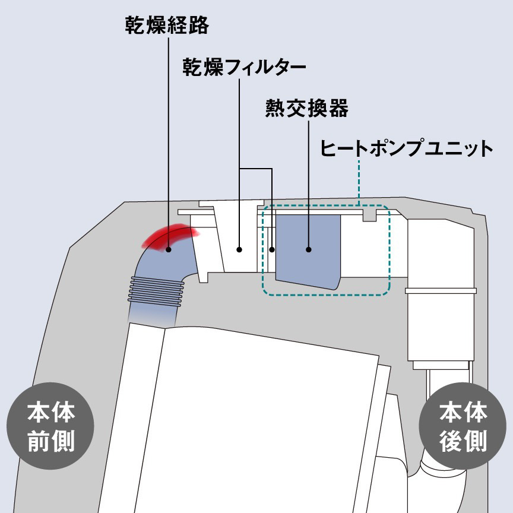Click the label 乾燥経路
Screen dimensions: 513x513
coord(167,25)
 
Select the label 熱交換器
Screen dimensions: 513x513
coord(307,108)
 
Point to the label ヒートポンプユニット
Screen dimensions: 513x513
coord(406,148)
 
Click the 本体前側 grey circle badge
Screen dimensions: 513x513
coord(50,426)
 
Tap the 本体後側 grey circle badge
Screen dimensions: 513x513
coord(463,426)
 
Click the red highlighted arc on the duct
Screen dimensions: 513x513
coord(170,236)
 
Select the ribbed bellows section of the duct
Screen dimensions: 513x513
coord(156,291)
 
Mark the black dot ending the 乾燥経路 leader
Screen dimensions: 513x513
coord(169,249)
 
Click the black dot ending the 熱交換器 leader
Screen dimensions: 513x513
coord(309,249)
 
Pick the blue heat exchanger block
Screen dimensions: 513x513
coord(308,251)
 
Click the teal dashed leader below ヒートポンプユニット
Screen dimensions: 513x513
coord(359,182)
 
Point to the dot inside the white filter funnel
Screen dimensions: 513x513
coord(239,249)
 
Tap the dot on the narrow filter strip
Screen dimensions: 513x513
coord(272,249)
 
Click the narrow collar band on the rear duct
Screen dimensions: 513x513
coord(441,290)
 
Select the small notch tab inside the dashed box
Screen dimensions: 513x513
coord(370,216)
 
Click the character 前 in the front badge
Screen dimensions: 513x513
coord(39,441)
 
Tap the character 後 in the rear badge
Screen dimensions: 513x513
coord(450,441)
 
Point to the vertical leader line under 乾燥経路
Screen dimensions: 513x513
coord(169,142)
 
